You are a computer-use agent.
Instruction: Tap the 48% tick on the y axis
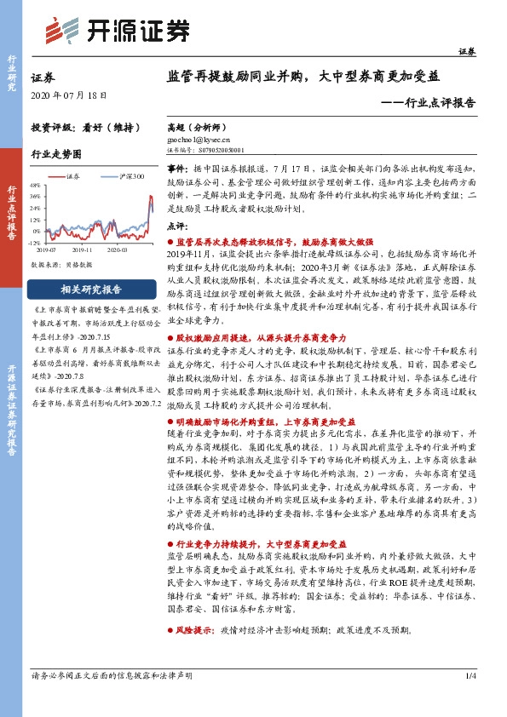pyautogui.click(x=35, y=184)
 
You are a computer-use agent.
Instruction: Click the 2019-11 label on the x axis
pyautogui.click(x=84, y=250)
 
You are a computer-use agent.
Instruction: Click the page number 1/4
pyautogui.click(x=470, y=700)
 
